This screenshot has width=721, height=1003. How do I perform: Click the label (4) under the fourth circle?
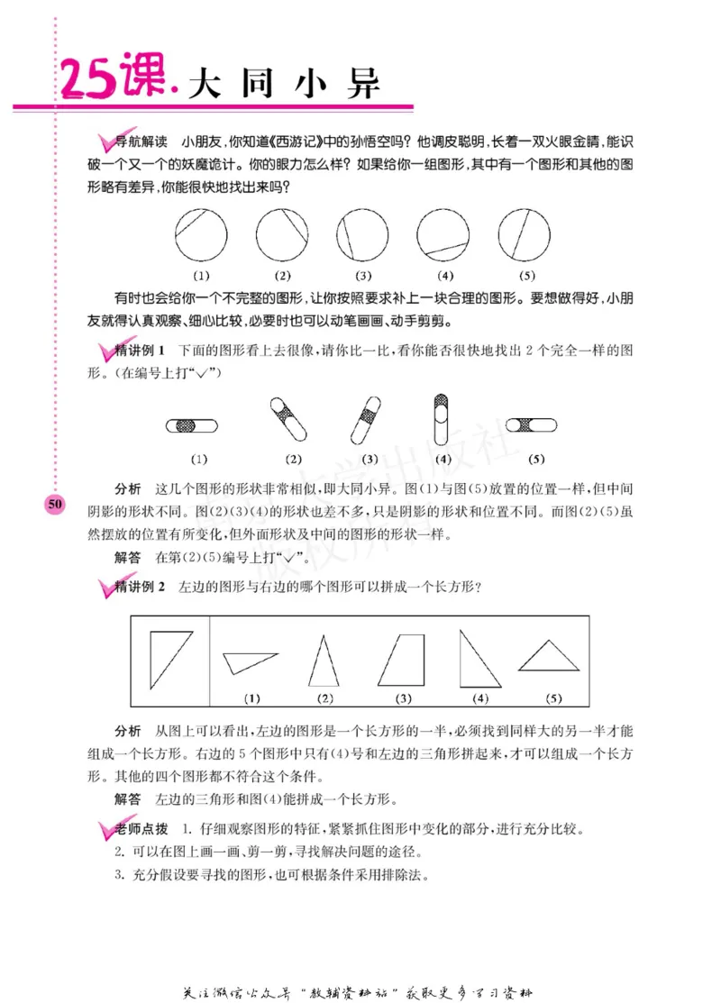[444, 276]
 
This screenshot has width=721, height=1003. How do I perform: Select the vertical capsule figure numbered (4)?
[442, 421]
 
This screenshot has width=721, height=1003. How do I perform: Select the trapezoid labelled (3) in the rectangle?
[403, 661]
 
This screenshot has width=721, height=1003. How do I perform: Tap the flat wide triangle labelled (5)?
[549, 657]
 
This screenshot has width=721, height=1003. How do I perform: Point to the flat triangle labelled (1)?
[249, 661]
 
